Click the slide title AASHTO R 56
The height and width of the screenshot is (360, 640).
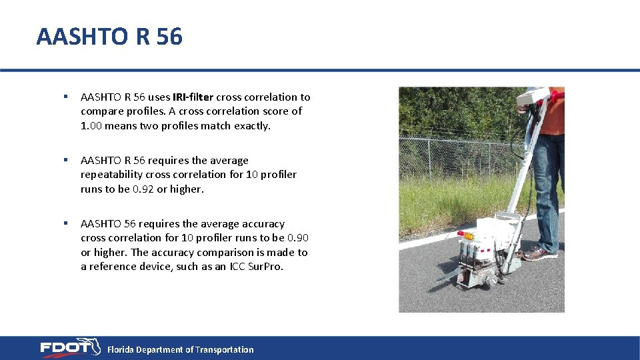(109, 37)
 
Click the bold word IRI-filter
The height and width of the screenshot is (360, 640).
(193, 97)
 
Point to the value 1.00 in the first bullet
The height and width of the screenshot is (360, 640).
(91, 126)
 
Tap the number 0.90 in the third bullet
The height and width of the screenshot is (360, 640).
(297, 238)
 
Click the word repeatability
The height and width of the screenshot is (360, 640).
(111, 175)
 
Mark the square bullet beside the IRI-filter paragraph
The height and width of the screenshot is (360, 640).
(65, 97)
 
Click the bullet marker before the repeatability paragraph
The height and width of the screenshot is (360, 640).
(65, 160)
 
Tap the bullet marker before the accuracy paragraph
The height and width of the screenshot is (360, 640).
(65, 223)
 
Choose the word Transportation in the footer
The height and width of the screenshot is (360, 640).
(224, 349)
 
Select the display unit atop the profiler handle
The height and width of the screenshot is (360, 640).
(535, 97)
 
